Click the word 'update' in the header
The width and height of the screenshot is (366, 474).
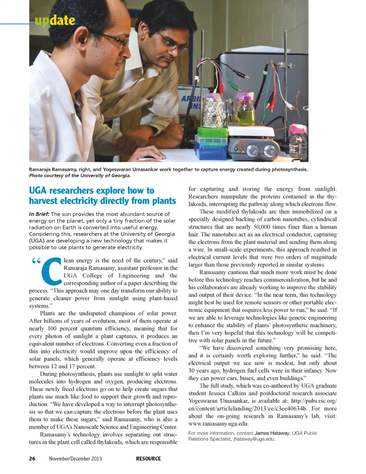point(55,20)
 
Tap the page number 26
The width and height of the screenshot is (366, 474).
point(32,458)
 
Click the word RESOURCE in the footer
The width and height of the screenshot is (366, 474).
point(148,458)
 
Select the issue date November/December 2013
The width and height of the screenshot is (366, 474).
point(75,458)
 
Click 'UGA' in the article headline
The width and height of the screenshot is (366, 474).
point(38,190)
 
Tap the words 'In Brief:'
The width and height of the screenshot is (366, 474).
point(39,214)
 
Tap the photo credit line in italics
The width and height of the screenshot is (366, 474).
point(80,176)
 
